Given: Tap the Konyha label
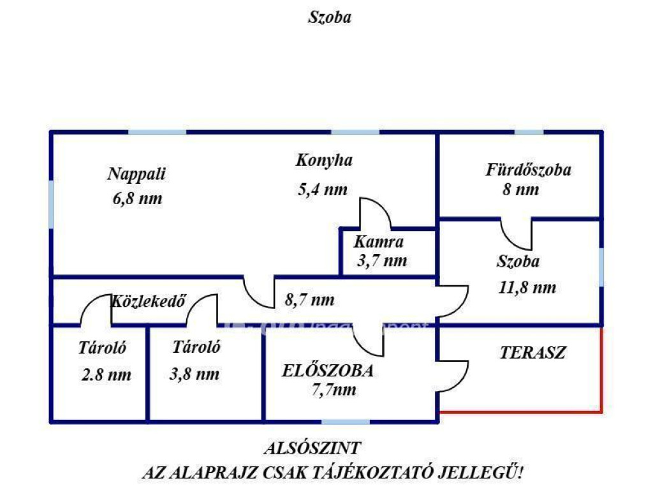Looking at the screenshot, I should [x=324, y=160].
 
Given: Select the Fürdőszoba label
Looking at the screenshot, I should [x=528, y=170].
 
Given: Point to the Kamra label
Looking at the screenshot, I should [x=379, y=242].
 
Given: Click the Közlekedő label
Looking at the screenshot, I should [x=149, y=301].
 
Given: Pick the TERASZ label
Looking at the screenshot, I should [x=533, y=352].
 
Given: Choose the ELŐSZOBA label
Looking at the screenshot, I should [x=328, y=370].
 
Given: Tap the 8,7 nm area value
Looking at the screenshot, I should [x=311, y=299].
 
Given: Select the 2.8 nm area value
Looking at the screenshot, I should [x=106, y=375].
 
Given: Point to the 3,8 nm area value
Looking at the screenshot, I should [x=194, y=375].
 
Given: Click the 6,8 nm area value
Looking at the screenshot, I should [x=137, y=198].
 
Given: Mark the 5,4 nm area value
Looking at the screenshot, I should [x=322, y=189].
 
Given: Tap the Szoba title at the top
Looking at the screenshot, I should [x=330, y=18].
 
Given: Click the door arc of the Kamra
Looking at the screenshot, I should [x=376, y=214].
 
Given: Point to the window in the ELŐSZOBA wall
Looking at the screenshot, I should [x=345, y=420].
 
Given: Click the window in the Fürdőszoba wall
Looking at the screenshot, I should [x=529, y=133].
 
